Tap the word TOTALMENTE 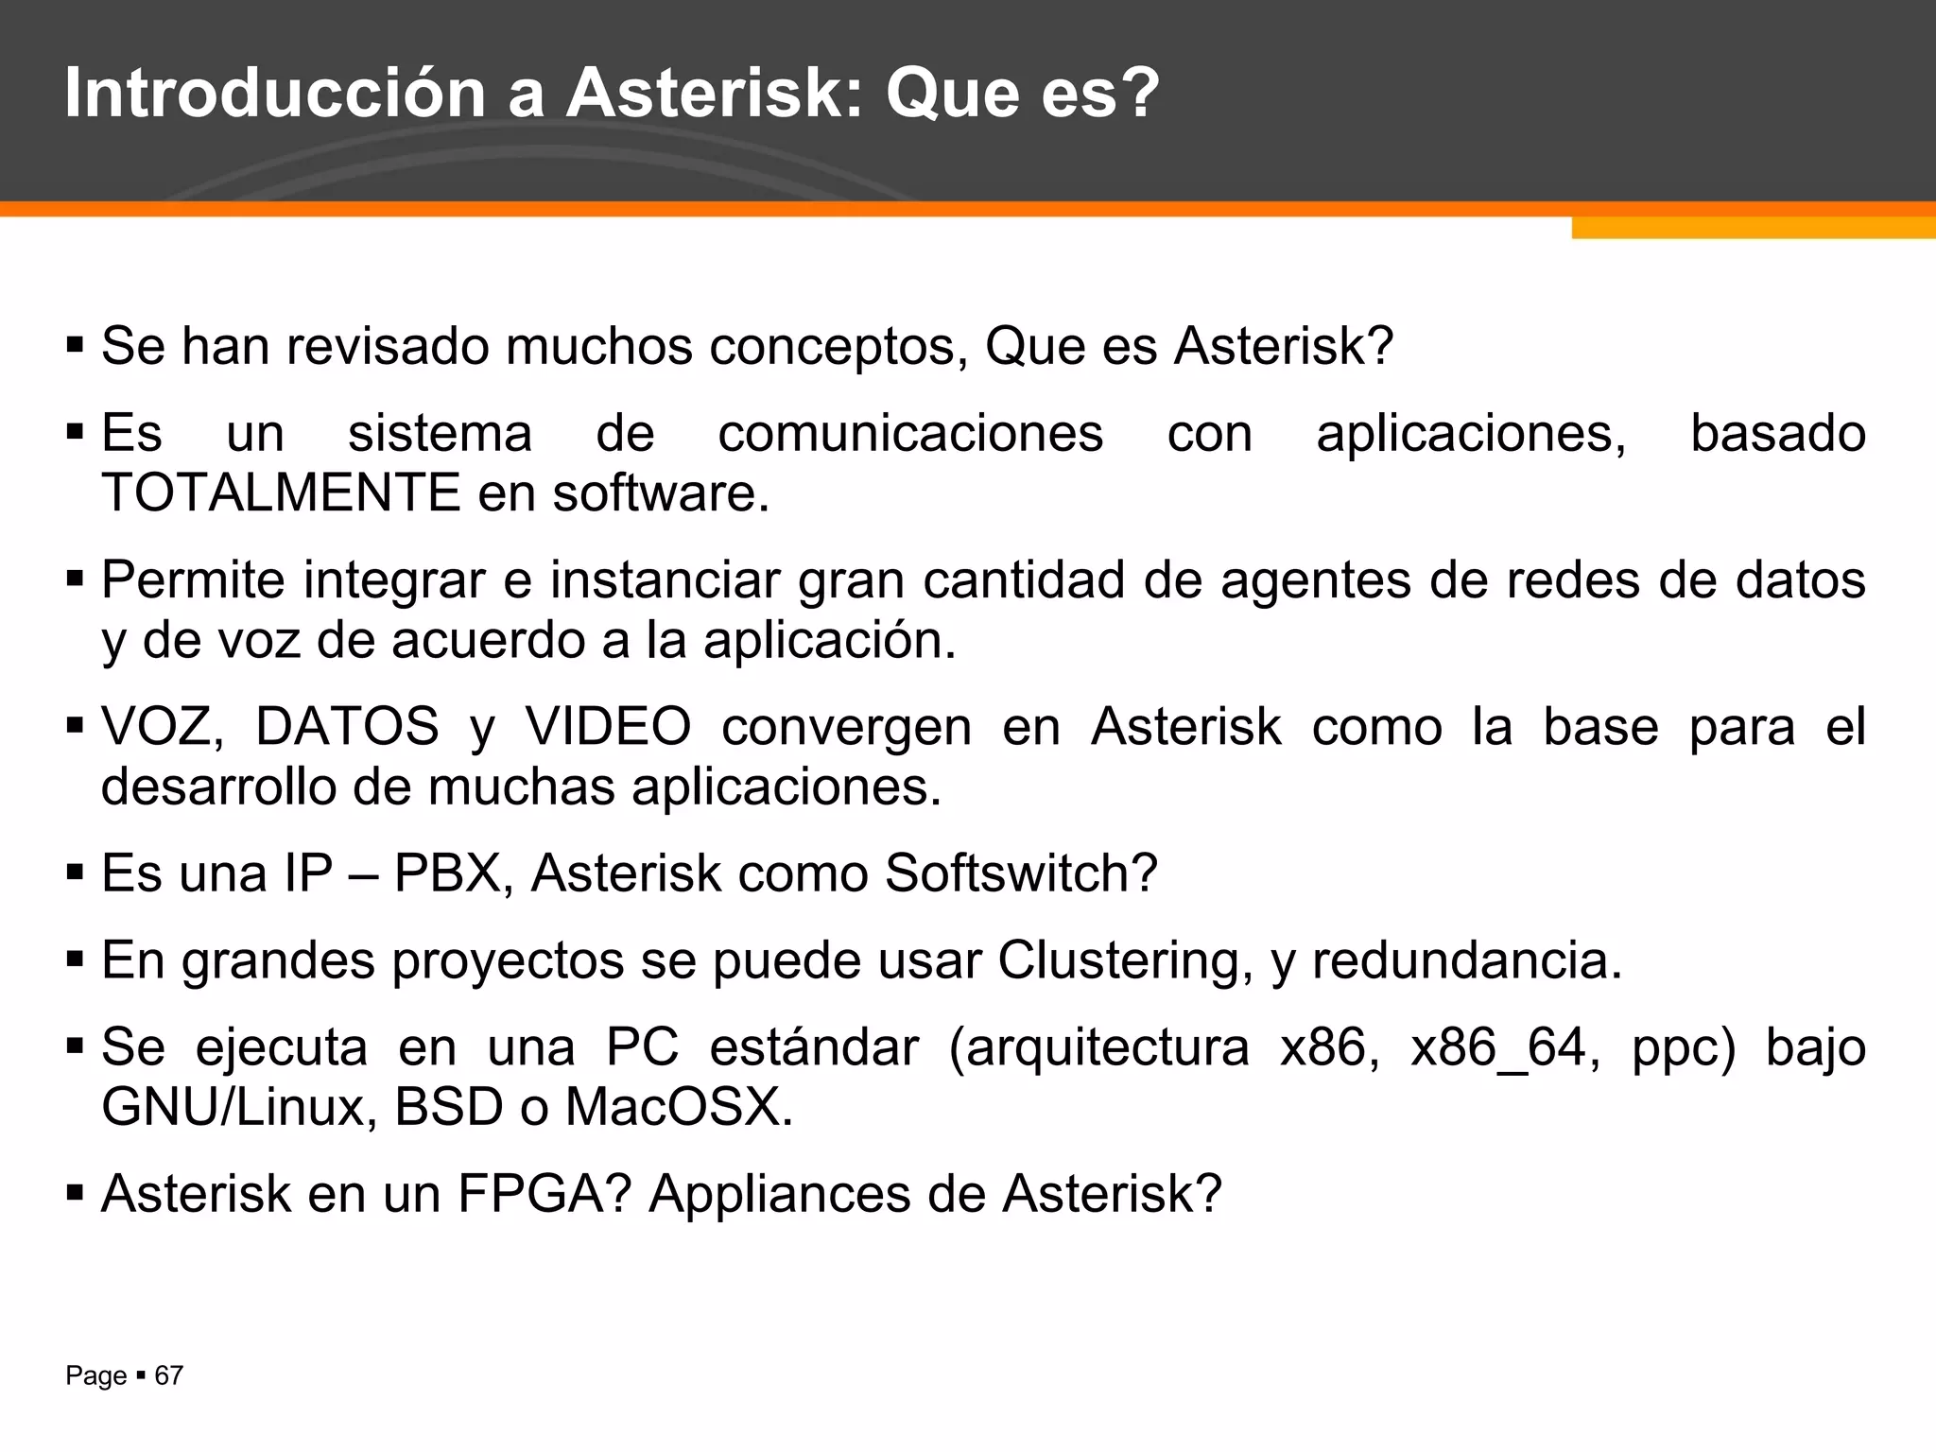(280, 493)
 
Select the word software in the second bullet (659, 493)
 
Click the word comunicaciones (910, 434)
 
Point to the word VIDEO (608, 727)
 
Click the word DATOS (347, 727)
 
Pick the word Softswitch (1020, 873)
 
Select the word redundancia (1466, 960)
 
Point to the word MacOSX (678, 1107)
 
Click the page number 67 (168, 1375)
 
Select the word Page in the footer (95, 1375)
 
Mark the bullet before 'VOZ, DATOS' (76, 725)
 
